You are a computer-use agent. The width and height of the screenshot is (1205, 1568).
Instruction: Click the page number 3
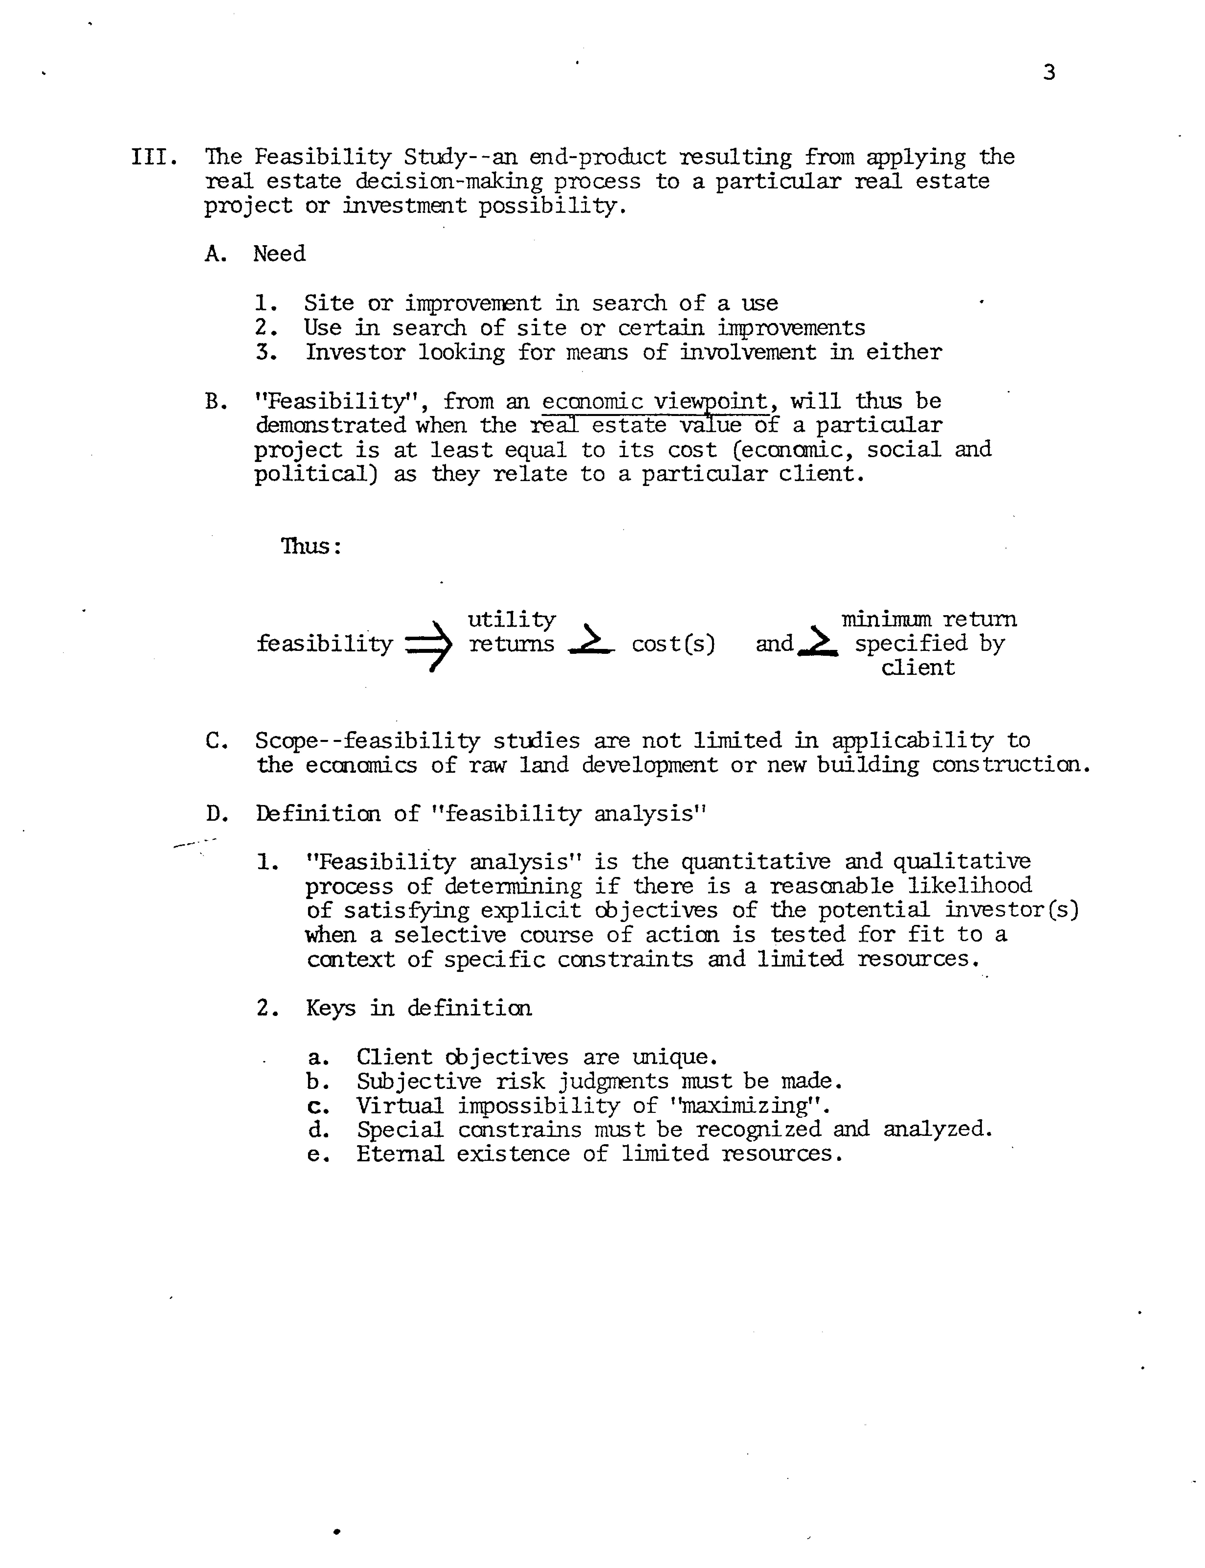coord(1049,72)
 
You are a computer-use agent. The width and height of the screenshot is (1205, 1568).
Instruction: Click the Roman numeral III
coord(153,156)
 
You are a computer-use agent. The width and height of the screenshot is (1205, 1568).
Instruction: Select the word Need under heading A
coord(279,254)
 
